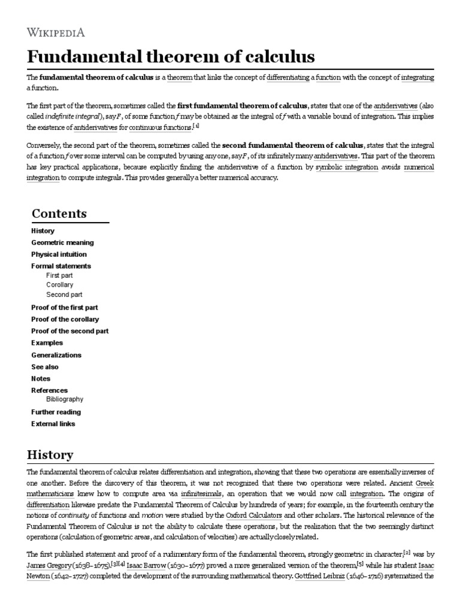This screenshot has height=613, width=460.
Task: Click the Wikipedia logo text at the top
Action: (64, 32)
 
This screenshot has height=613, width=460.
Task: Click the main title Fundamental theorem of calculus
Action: (171, 57)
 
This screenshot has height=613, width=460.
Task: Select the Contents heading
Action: (59, 214)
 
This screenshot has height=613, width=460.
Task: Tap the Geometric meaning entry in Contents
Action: (62, 242)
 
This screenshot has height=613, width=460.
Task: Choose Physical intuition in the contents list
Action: (59, 254)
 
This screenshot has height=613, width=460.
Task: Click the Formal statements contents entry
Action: (61, 266)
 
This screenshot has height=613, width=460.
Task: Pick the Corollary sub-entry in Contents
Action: (60, 285)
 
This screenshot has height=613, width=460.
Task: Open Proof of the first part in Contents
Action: (64, 307)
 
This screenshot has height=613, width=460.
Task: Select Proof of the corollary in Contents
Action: (65, 319)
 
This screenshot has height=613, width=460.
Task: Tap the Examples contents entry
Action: (47, 343)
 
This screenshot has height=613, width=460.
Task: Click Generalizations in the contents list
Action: (56, 355)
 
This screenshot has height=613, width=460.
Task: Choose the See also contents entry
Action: (45, 366)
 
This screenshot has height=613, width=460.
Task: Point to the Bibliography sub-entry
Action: (65, 399)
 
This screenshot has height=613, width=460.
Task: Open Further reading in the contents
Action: (56, 412)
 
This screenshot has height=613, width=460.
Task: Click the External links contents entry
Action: (53, 424)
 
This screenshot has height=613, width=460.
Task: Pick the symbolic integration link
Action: (347, 168)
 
